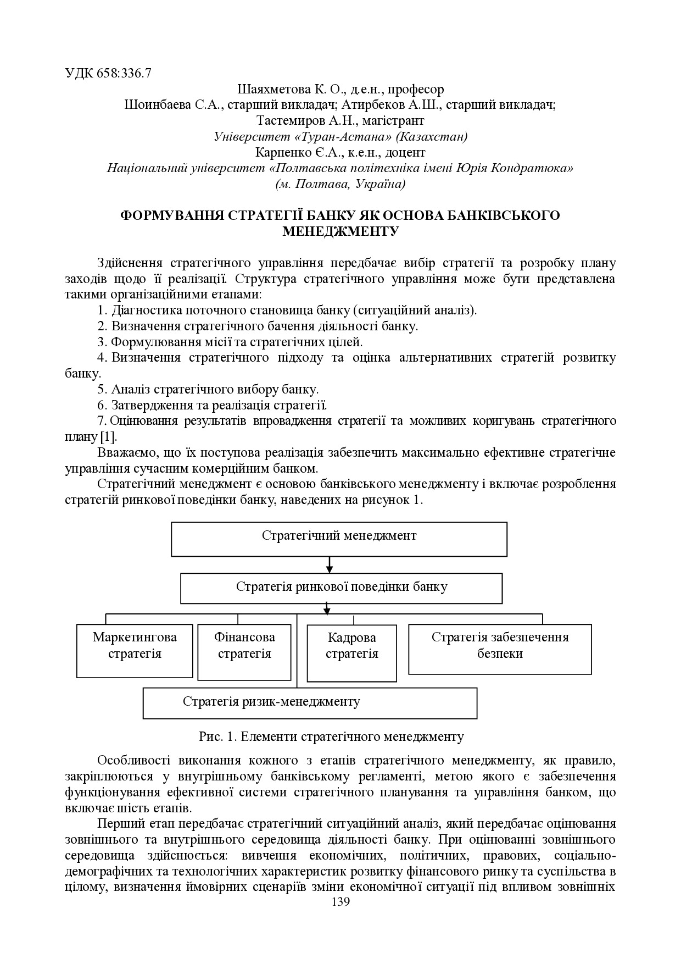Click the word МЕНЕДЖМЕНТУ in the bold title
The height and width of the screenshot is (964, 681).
click(340, 231)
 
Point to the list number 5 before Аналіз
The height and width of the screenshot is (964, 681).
click(101, 390)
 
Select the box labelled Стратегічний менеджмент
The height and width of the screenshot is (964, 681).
click(339, 539)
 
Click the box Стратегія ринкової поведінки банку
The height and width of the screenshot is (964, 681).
click(341, 588)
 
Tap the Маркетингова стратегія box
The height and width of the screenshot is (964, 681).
click(135, 650)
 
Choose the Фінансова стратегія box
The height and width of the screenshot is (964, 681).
click(244, 652)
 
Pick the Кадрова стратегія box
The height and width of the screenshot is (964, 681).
click(351, 653)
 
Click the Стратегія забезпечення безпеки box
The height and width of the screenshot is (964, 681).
click(500, 649)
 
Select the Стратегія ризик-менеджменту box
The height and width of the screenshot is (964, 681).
click(310, 703)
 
